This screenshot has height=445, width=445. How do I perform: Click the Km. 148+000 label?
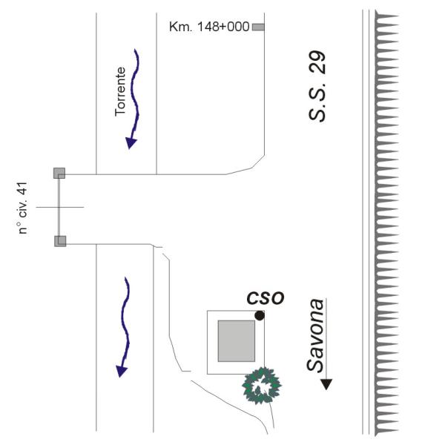pos(209,27)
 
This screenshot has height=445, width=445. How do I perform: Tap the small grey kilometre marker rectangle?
pos(258,27)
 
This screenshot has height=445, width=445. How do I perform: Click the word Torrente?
pos(120,92)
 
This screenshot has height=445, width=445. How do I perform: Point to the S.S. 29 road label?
pos(317,86)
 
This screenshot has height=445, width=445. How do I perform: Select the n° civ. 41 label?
pos(23,208)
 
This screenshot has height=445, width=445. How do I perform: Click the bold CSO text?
pos(266,298)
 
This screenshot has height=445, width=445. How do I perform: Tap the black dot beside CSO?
pos(260,316)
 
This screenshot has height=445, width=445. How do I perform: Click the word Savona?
pos(315,335)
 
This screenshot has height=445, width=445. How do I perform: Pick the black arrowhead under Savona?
pos(326,384)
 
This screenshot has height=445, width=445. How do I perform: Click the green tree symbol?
pos(261,386)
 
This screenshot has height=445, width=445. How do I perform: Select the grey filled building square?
pos(237,341)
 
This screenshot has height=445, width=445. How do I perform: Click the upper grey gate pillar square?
pos(59,173)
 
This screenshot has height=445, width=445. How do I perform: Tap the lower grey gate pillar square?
pos(60,241)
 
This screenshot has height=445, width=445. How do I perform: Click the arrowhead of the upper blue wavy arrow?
pos(131,143)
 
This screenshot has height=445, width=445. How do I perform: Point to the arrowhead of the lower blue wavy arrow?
pos(122,372)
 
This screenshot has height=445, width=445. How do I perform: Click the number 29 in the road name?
pos(317,63)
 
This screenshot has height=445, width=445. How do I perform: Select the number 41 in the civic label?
pos(23,188)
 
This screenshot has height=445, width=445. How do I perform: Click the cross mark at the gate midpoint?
pos(59,207)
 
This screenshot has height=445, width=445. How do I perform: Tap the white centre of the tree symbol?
pos(261,386)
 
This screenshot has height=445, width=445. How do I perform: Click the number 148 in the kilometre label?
pos(207,27)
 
